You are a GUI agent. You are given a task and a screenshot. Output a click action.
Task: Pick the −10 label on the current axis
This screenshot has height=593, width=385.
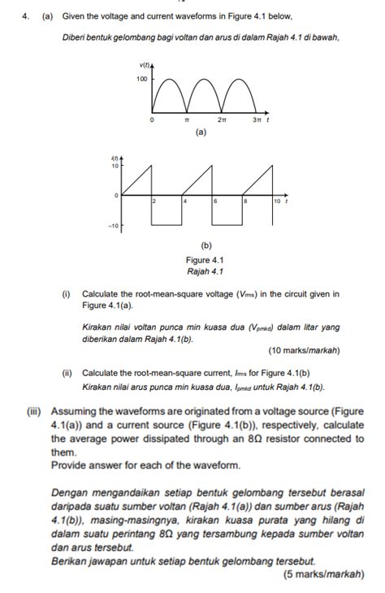click(115, 225)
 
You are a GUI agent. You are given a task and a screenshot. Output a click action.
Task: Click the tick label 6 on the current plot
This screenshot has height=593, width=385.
click(215, 200)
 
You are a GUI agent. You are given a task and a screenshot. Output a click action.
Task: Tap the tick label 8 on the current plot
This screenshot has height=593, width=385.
click(245, 200)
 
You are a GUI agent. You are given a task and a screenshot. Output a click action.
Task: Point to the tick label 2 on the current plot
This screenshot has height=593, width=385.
click(154, 200)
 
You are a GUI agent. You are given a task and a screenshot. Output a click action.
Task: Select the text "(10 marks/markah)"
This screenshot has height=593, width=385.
click(304, 350)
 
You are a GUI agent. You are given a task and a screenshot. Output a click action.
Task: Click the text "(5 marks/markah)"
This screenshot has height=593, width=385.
click(323, 573)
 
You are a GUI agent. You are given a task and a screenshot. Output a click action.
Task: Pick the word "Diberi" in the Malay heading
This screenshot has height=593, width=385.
click(76, 37)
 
